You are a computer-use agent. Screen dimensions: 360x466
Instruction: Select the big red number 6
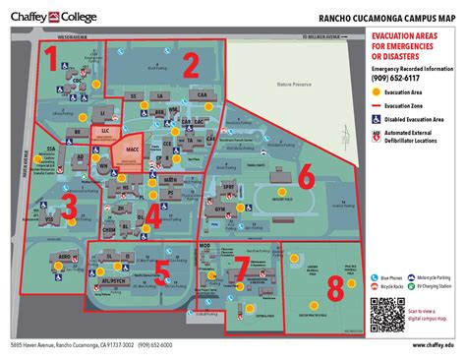[305, 177]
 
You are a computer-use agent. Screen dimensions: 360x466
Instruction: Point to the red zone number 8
[336, 287]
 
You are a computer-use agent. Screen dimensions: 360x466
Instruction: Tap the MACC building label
[132, 150]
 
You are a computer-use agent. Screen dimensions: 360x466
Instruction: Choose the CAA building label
[202, 95]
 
